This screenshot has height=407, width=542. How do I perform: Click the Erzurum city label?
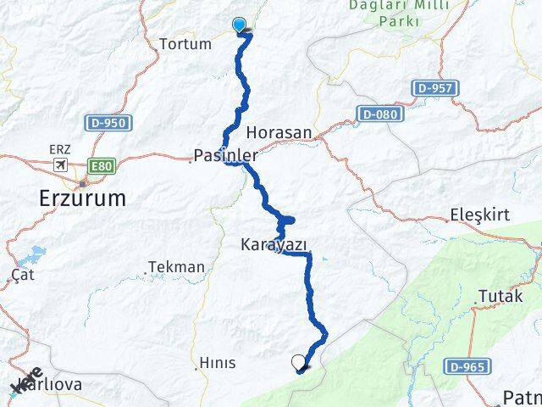point(82,198)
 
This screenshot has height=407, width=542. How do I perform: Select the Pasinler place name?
point(225,155)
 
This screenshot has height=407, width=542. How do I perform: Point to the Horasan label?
point(279,133)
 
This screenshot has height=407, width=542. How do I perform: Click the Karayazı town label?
point(273,244)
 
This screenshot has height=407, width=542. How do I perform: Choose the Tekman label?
point(176,267)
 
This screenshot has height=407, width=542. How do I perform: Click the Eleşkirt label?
point(481,215)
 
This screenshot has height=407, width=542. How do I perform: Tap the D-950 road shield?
point(107,124)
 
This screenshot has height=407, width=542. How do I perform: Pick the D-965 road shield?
point(466,366)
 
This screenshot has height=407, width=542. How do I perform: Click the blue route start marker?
point(240,25)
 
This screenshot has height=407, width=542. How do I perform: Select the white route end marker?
point(298,363)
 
